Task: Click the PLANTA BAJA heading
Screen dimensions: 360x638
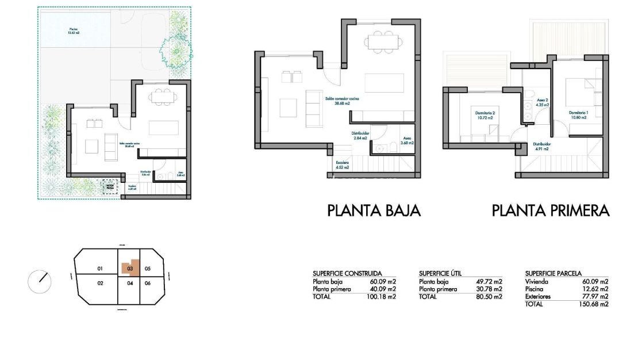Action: coord(374,210)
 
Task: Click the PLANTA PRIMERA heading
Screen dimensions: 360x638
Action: coord(550,210)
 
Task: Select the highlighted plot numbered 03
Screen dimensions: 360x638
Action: coord(130,268)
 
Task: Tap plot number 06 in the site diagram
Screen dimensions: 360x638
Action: coord(148,283)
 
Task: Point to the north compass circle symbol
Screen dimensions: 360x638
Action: coord(40,281)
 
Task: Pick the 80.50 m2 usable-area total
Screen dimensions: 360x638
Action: coord(490,297)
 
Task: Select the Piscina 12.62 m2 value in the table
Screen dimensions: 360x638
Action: coord(596,289)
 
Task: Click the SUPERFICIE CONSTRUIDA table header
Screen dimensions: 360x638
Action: coord(347,274)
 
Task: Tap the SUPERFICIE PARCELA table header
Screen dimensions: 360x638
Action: coord(554,274)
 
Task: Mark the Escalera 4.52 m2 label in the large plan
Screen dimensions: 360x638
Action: coord(343,165)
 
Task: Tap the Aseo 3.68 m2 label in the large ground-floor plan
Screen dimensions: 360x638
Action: coord(407,140)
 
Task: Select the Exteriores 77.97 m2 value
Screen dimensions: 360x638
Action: coord(596,297)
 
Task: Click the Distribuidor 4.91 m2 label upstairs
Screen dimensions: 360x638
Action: coord(540,146)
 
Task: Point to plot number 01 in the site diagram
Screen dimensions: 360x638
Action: coord(99,269)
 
